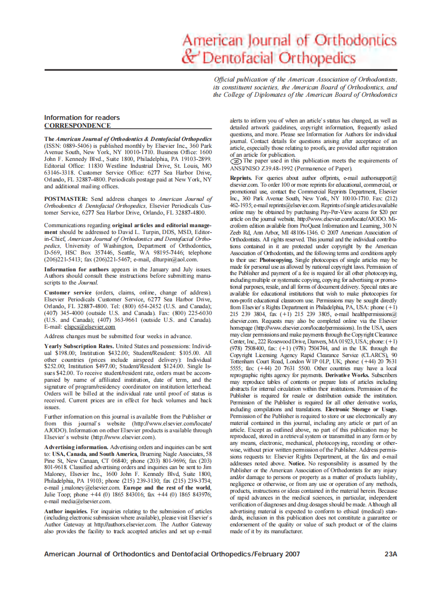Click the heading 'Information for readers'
82,117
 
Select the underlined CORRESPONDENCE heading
77,126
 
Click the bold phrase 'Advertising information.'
76,446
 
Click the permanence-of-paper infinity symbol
236,161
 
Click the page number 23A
390,554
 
